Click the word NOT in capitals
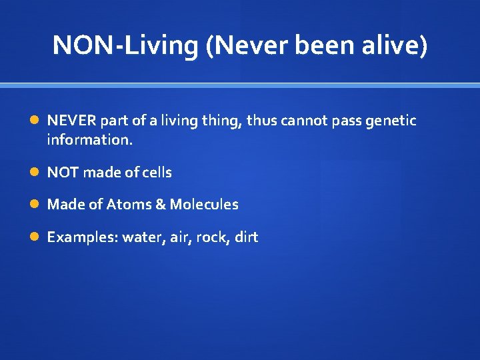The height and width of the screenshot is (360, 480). [61, 173]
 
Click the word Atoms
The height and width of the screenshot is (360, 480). [129, 205]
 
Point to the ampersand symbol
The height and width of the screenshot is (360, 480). [159, 205]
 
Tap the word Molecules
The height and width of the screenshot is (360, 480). [203, 205]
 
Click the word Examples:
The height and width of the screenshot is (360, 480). [82, 237]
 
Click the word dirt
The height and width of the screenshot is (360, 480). [246, 237]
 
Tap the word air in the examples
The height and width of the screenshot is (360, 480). [179, 237]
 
